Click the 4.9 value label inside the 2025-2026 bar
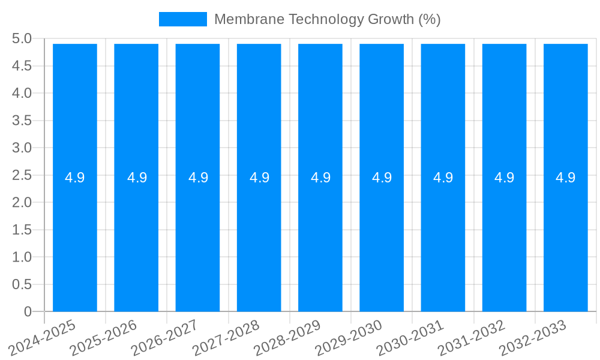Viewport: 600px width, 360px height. [x=137, y=178]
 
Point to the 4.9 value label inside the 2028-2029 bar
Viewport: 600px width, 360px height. [x=320, y=178]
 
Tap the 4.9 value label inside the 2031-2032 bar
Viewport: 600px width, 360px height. [x=504, y=178]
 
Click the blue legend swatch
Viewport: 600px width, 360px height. [x=182, y=19]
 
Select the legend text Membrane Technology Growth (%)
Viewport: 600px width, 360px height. [x=327, y=19]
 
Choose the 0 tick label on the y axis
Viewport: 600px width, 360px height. [x=28, y=311]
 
